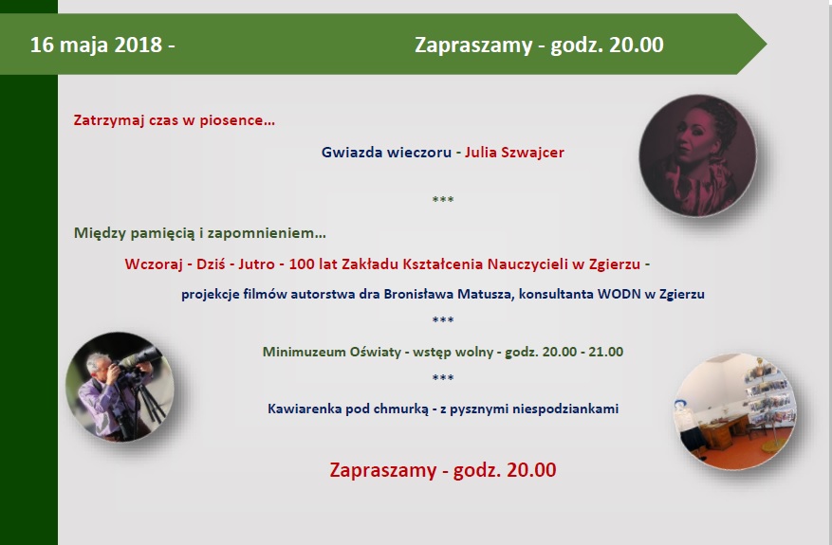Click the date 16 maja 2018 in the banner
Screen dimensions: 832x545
[x=96, y=45]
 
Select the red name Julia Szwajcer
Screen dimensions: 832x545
[x=514, y=153]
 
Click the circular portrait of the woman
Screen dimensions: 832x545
[x=697, y=155]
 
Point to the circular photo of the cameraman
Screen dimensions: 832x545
[x=120, y=387]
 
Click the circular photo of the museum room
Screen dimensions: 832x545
[x=735, y=411]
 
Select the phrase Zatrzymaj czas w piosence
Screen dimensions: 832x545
[x=174, y=120]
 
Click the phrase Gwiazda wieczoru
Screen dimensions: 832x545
[x=386, y=153]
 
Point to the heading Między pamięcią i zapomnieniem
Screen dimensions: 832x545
[x=199, y=233]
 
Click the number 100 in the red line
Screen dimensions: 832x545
[x=302, y=264]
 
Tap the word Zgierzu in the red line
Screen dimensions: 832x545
[x=615, y=264]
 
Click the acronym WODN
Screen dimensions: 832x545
[x=619, y=294]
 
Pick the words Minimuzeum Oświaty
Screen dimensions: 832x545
[x=332, y=352]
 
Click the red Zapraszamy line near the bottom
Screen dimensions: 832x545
[x=443, y=470]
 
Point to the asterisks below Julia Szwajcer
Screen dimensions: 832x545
[x=443, y=199]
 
